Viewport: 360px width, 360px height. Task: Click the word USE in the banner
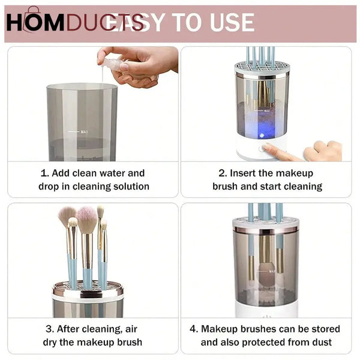[x=224, y=23]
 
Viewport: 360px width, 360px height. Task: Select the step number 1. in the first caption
[x=46, y=173]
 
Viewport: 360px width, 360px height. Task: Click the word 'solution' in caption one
[x=125, y=187]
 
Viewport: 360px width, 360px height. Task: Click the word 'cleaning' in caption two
[x=299, y=187]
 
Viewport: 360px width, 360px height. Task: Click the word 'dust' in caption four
[x=321, y=343]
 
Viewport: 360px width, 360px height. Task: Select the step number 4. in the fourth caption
[x=194, y=329]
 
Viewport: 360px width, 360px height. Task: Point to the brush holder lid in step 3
[x=88, y=292]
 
